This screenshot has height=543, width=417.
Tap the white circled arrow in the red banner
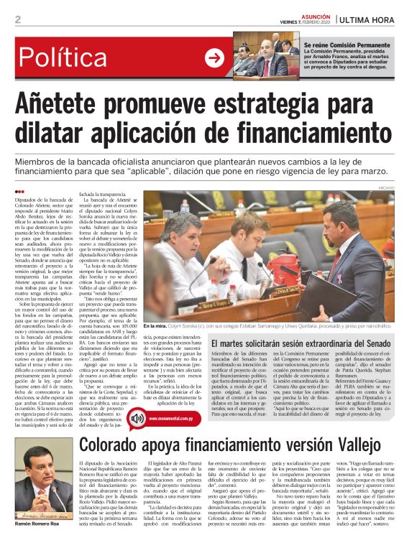pos(214,58)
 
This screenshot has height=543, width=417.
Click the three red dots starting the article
pos(19,191)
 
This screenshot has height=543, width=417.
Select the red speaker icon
pos(137,417)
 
